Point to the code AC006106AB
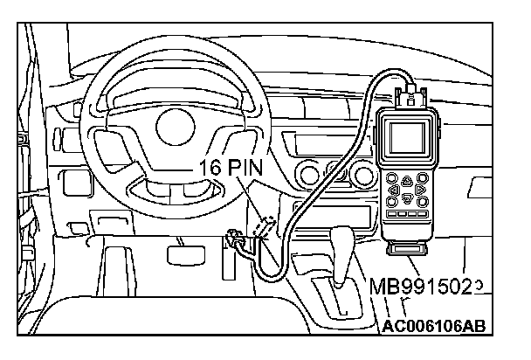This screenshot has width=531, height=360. pyautogui.click(x=433, y=326)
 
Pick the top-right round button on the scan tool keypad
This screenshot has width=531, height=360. pyautogui.click(x=424, y=177)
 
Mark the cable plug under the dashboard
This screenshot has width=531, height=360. pyautogui.click(x=235, y=235)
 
